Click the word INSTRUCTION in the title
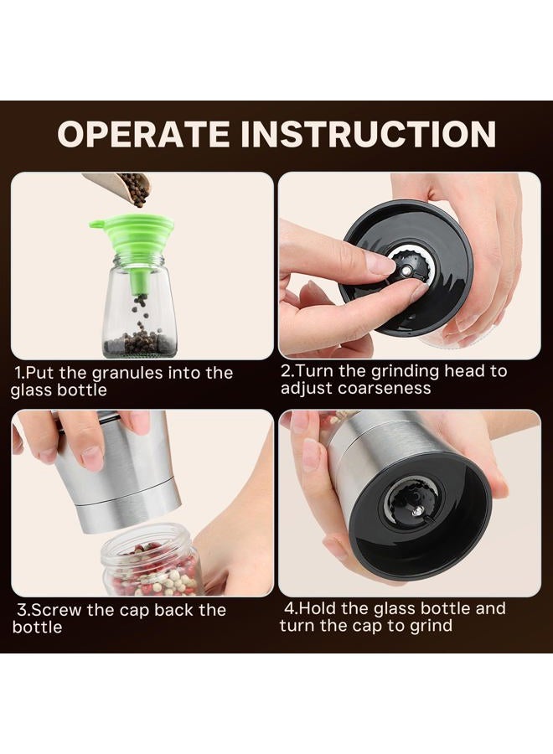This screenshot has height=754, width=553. [x=368, y=134]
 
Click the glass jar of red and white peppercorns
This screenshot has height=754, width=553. [x=152, y=560]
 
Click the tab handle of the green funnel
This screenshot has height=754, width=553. [x=98, y=224]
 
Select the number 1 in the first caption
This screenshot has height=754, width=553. [x=18, y=373]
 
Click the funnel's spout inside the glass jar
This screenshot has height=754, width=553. [x=141, y=281]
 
